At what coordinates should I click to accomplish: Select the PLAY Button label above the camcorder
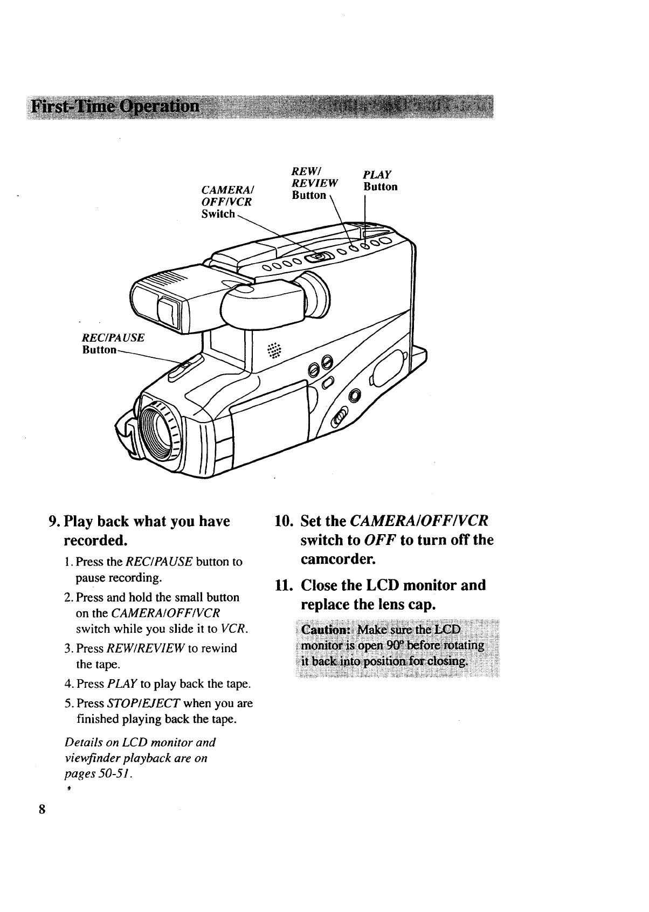click(379, 181)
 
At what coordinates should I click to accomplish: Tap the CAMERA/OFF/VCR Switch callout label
click(227, 202)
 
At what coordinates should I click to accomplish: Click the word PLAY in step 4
click(121, 685)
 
